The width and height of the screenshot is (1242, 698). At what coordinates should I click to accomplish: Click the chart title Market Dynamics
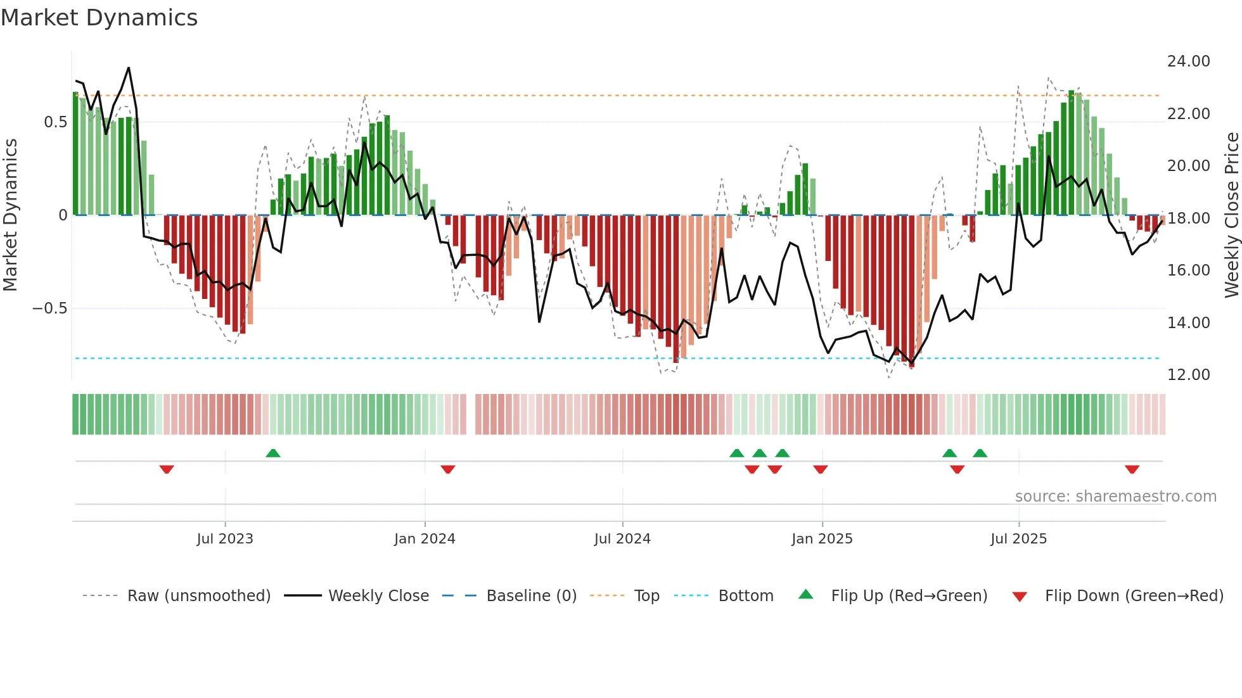(99, 18)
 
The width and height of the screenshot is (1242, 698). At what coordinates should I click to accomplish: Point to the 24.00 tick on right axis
(1188, 61)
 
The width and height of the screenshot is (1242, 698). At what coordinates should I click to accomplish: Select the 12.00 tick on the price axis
(1188, 374)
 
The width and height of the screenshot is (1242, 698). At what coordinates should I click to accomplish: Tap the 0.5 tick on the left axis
(55, 122)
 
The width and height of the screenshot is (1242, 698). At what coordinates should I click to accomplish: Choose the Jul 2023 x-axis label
(224, 539)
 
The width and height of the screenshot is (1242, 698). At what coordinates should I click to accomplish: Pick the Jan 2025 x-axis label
(822, 539)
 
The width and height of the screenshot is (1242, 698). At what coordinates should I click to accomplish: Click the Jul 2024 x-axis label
(622, 539)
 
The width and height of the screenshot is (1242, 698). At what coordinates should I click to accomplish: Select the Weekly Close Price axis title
(1231, 215)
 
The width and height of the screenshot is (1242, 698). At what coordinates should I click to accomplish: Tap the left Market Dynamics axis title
(10, 215)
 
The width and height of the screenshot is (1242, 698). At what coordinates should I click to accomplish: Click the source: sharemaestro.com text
(1115, 496)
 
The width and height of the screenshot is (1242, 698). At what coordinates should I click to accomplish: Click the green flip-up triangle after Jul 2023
(273, 453)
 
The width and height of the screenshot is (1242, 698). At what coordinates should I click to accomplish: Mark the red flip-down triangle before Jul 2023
(167, 469)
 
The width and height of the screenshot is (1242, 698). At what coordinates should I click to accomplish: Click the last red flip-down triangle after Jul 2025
(1132, 469)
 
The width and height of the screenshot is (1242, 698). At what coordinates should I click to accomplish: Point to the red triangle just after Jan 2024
(448, 469)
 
